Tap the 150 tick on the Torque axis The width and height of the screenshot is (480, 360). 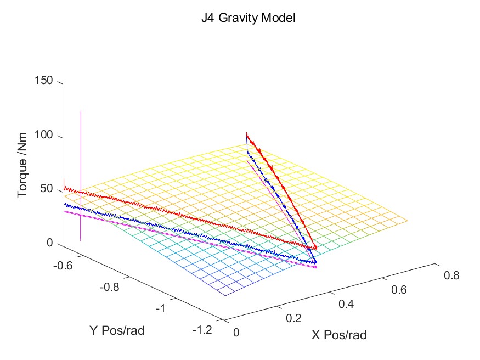[x=45, y=81]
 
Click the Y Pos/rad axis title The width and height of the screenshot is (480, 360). [x=117, y=330]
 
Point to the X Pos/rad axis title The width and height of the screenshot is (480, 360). [x=339, y=334]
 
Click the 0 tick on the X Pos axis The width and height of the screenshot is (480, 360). [x=236, y=332]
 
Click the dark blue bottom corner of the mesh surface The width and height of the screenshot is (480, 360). [x=225, y=295]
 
